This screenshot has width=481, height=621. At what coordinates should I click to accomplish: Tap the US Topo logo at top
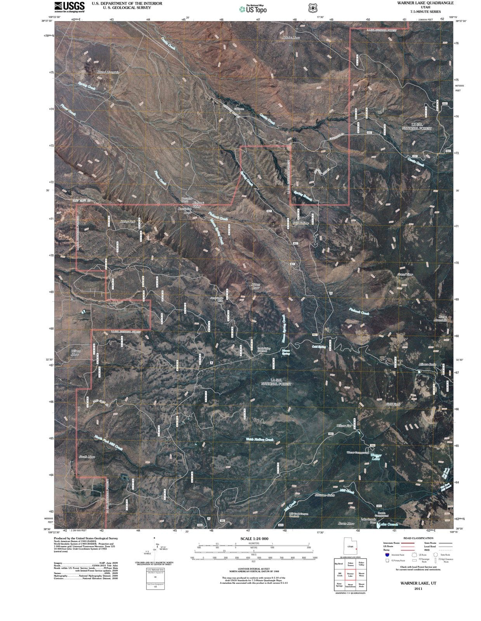pos(253,9)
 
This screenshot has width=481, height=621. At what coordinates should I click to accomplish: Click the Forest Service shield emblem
pos(311,8)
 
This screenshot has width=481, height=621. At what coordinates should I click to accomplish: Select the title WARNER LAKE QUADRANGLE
pos(414,3)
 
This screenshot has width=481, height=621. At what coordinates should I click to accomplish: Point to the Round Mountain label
pos(108,72)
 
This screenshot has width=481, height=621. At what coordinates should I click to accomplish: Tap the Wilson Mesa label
pos(75,352)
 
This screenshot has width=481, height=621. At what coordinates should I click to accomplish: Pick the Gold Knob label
pos(393,404)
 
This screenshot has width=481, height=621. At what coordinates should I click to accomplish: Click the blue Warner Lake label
pos(375,457)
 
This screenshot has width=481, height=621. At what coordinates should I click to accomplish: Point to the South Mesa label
pos(87,457)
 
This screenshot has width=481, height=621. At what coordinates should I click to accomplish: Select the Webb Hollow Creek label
pos(260,439)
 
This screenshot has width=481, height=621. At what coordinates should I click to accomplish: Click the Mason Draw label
pos(255,286)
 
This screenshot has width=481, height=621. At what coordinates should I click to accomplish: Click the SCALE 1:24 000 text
pos(254,539)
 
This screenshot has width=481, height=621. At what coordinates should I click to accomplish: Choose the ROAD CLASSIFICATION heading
pos(418,538)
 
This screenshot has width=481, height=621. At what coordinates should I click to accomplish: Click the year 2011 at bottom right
pos(418,588)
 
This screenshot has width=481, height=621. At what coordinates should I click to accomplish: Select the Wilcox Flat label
pos(344,426)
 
